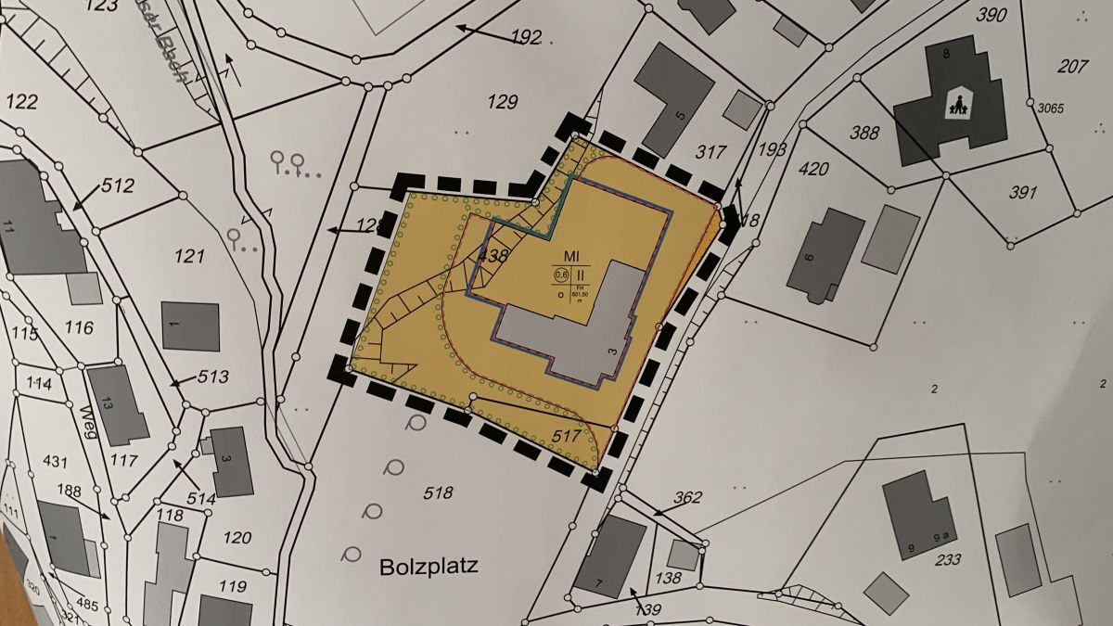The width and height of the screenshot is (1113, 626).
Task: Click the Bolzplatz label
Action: (x=429, y=566)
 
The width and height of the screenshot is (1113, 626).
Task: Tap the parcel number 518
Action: (x=438, y=492)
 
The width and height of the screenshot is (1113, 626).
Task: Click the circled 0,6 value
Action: (x=561, y=275)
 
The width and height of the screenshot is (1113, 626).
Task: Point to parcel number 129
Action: (x=502, y=102)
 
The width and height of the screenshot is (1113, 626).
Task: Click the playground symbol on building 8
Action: (x=955, y=104)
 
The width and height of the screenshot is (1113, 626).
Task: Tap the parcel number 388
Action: (x=864, y=134)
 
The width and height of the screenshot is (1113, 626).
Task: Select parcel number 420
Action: (x=813, y=169)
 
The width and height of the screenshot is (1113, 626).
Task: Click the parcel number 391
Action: (x=1022, y=193)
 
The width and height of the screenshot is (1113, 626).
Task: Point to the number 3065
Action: (x=1050, y=109)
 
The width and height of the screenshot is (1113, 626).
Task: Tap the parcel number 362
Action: (x=687, y=498)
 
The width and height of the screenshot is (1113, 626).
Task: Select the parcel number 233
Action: (x=947, y=559)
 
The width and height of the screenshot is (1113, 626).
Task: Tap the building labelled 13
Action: (x=117, y=403)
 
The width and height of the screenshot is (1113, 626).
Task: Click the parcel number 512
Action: (x=118, y=185)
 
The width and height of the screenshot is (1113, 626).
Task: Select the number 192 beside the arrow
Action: (x=525, y=37)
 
